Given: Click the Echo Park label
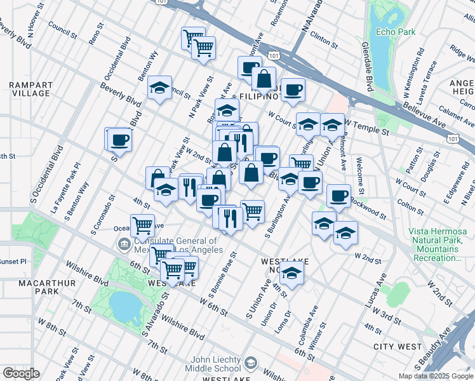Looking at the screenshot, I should (395, 31).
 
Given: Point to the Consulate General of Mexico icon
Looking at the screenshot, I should (123, 243).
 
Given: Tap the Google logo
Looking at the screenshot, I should (21, 373).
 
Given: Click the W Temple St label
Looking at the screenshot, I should (367, 130).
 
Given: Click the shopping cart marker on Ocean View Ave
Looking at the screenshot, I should (143, 225).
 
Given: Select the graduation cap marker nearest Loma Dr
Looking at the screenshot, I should (292, 274).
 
